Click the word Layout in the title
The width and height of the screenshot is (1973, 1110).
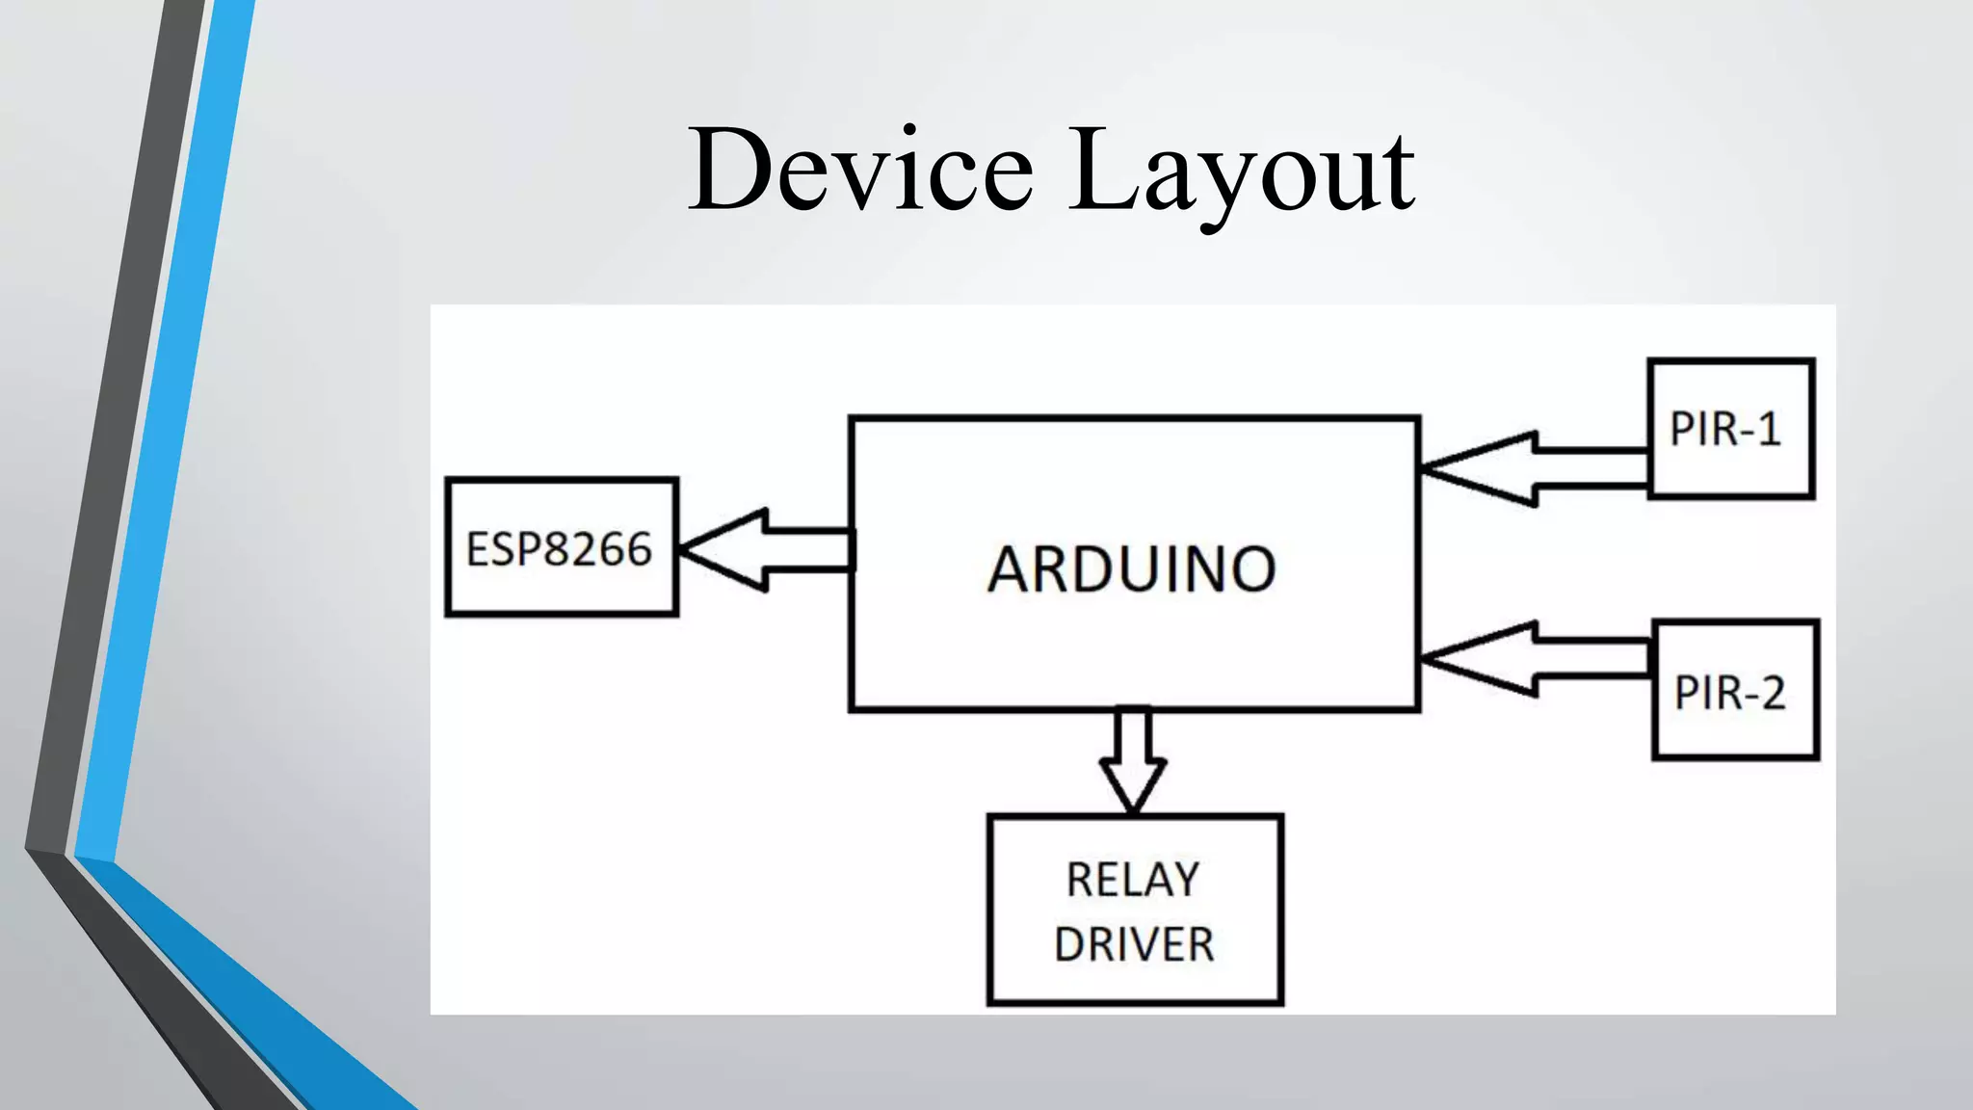[1242, 172]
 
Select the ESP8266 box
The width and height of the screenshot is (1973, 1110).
[562, 546]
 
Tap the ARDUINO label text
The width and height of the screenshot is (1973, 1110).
[1132, 568]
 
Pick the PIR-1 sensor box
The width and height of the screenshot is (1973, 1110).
[1731, 429]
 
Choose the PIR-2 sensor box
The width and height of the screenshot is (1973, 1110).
[1735, 690]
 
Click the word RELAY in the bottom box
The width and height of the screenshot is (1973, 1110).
[1133, 880]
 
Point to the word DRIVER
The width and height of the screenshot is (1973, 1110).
[1134, 944]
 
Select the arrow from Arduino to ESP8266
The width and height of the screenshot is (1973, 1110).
[766, 550]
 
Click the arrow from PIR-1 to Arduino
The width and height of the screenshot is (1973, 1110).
[1534, 469]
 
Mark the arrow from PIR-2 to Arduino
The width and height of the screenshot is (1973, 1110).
[1534, 659]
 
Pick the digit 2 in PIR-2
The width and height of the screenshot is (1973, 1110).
[1772, 693]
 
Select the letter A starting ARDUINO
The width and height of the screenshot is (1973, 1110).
[1009, 568]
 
